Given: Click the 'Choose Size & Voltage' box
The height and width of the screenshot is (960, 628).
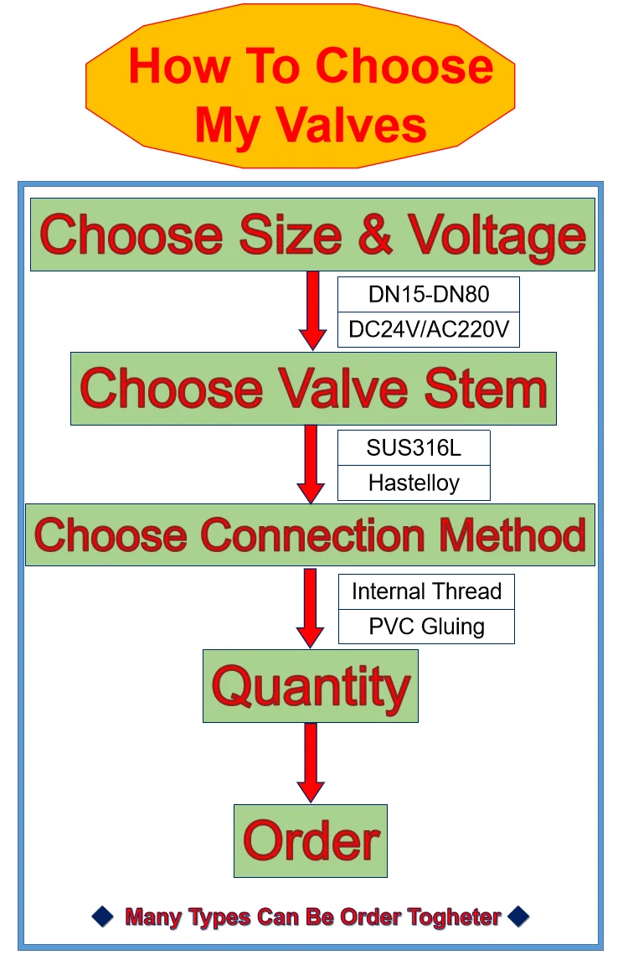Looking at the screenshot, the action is pos(313,235).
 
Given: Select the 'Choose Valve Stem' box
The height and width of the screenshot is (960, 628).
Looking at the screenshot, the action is pos(313,388).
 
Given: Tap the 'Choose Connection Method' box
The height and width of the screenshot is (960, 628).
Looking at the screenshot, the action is pos(311,534).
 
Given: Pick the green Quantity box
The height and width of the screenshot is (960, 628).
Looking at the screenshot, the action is pos(311,686).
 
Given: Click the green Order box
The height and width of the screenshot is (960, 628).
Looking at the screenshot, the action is pos(311,840).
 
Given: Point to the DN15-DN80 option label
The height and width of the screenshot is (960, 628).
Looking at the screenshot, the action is pos(429,295).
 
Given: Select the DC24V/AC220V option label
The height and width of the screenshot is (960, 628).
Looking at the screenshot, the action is pos(429,329).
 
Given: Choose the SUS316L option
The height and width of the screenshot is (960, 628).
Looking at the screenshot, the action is pos(414,447).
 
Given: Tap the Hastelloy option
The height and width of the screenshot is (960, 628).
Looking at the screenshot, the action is pos(414,483).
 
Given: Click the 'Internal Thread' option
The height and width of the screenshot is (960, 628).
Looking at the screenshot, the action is pos(427,591).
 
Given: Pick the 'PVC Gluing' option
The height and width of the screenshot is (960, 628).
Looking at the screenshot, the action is pos(427,627).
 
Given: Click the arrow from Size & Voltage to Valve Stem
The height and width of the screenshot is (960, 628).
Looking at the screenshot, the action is pos(313,311).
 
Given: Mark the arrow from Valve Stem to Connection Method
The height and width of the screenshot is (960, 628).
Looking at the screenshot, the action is pos(311,464).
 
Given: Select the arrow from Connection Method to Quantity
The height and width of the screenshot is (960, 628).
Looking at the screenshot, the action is pos(311,608).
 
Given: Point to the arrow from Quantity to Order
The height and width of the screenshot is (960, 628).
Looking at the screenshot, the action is pos(311,763).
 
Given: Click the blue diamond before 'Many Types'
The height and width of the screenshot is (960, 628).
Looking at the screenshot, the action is pos(103,916).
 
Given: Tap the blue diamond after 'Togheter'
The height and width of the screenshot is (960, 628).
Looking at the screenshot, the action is pos(518,916).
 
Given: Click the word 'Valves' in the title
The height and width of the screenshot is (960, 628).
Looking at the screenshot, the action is pos(351,125).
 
